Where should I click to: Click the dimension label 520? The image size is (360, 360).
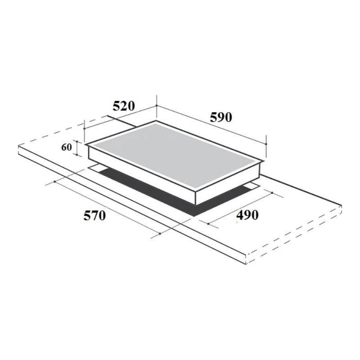point(123,107)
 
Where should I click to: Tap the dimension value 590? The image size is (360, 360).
point(220,117)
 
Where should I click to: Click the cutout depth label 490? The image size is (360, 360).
point(247,216)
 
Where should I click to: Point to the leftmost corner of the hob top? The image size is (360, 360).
point(86,145)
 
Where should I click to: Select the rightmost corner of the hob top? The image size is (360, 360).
point(265,161)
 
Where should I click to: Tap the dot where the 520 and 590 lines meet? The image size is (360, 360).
point(156,106)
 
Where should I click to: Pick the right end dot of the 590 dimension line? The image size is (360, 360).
point(266,144)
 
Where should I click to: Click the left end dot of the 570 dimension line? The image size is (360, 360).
point(54,182)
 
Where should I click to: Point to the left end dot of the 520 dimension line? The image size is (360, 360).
point(84,128)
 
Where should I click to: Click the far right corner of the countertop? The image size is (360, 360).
point(342,206)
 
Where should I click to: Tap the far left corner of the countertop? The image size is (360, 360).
point(18,146)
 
